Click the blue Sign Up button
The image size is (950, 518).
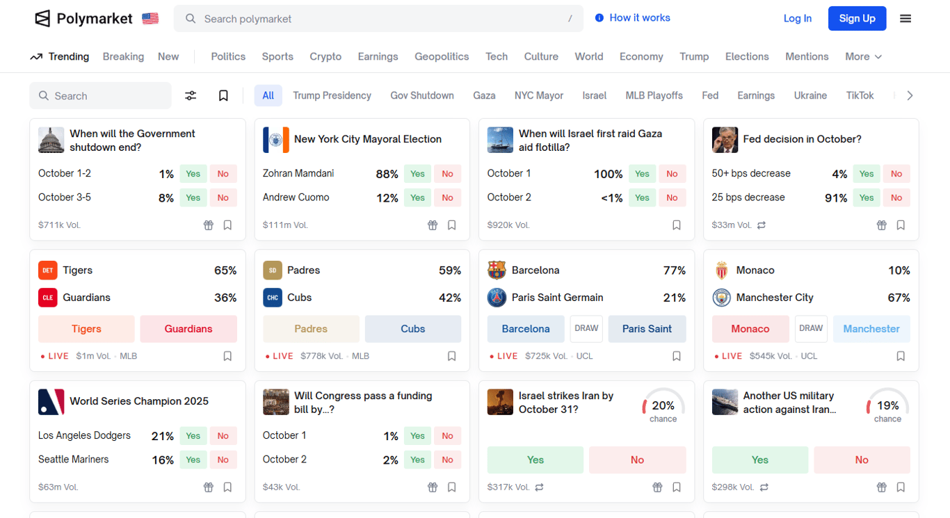click(x=857, y=19)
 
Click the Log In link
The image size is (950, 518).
click(x=797, y=19)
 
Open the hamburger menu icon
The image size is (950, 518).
click(x=905, y=19)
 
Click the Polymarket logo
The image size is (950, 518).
click(x=83, y=19)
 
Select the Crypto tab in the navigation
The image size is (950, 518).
click(x=325, y=57)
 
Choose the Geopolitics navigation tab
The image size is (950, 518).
click(x=442, y=57)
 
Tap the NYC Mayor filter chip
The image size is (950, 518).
click(x=539, y=96)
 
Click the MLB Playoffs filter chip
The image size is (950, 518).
click(x=654, y=96)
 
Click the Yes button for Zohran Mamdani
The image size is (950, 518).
click(x=417, y=174)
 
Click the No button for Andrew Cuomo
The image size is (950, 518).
click(x=447, y=198)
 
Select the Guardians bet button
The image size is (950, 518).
click(x=188, y=329)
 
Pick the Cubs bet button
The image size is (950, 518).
click(x=412, y=329)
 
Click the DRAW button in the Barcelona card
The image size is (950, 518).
click(x=586, y=329)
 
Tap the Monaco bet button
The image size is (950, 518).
click(x=750, y=329)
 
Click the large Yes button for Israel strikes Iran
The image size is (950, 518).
click(x=535, y=460)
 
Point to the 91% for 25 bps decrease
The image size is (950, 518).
click(x=835, y=198)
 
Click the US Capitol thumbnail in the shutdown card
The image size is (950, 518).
click(x=51, y=140)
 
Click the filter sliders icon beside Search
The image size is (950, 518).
click(x=191, y=96)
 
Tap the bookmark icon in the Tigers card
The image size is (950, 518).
click(x=227, y=356)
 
